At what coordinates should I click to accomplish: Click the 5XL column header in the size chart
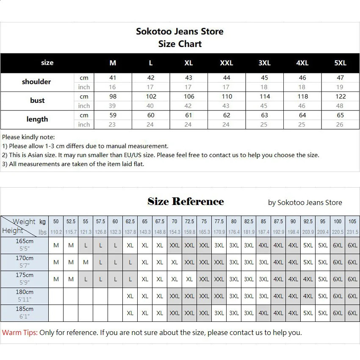point(340,63)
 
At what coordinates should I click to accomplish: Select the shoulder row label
point(36,82)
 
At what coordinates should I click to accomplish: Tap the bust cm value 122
point(340,97)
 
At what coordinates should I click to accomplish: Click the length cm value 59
point(113,115)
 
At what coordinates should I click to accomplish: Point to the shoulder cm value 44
point(227,78)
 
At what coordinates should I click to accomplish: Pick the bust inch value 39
point(112,106)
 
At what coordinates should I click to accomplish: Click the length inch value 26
point(340,125)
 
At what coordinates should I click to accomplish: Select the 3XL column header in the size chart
point(264,63)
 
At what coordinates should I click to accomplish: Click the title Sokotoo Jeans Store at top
point(180,31)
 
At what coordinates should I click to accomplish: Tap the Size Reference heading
point(186,202)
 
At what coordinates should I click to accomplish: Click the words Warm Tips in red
point(19,332)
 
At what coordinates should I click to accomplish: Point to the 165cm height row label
point(25,241)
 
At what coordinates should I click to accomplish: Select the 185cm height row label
point(25,309)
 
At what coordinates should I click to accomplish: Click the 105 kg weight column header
point(352,222)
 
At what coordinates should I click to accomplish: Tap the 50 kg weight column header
point(56,222)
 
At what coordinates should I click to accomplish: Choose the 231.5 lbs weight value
point(352,232)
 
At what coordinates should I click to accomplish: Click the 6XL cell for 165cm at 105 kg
point(352,245)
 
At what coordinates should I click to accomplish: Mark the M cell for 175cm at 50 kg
point(56,279)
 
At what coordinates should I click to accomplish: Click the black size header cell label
point(47,63)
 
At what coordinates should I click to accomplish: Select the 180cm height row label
point(25,292)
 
